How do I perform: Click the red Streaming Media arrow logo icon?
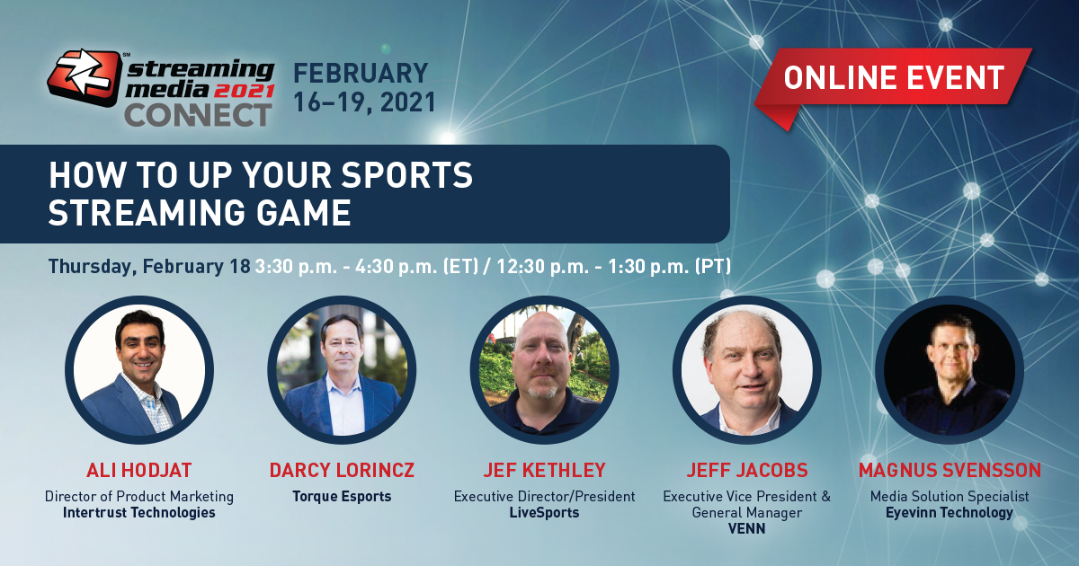[85, 77]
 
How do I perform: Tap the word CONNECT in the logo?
[199, 116]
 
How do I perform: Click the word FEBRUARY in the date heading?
[361, 73]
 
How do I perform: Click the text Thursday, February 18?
[149, 267]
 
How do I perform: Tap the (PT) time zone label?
[712, 266]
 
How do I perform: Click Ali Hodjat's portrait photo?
[139, 369]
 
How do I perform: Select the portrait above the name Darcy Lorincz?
[342, 369]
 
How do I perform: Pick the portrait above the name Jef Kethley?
[544, 369]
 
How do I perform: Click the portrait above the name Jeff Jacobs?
[747, 369]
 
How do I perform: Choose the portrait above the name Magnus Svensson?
[950, 369]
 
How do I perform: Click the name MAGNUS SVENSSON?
[950, 470]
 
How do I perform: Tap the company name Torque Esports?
[342, 497]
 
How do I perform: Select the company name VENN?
[746, 528]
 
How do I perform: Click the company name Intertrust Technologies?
[139, 513]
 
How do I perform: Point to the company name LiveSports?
[544, 513]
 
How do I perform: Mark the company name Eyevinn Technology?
[950, 513]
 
